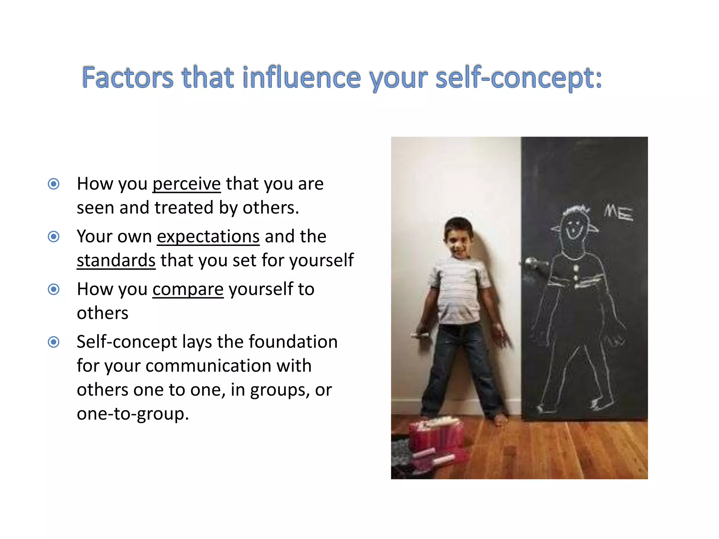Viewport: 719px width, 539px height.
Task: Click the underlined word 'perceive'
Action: (186, 184)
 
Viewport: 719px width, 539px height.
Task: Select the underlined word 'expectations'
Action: (208, 237)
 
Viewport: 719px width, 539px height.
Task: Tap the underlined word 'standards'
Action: (116, 260)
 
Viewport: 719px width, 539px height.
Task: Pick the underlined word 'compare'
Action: (188, 290)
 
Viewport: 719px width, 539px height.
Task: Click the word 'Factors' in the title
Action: (128, 78)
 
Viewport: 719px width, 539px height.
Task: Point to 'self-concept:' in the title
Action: (519, 78)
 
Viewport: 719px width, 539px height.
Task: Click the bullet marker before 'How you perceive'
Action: (54, 184)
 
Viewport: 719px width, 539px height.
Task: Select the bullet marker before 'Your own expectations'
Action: (54, 237)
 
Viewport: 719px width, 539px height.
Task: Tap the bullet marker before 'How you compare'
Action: (54, 290)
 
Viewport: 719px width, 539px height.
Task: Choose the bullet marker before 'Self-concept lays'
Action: (54, 342)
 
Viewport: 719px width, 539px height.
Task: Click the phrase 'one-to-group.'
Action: (133, 414)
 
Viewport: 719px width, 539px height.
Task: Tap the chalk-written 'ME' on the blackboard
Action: (618, 213)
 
